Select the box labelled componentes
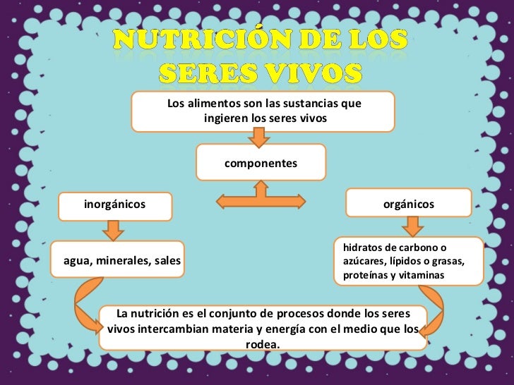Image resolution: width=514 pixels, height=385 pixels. [261, 164]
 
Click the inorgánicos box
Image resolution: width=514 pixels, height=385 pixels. [114, 204]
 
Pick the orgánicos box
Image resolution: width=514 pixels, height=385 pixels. [409, 204]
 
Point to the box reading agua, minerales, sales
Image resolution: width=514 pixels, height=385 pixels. [122, 262]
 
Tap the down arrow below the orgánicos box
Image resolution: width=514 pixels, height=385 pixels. [411, 226]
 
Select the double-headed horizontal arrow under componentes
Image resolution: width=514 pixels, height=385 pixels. [262, 200]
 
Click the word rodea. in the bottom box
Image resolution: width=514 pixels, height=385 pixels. [263, 344]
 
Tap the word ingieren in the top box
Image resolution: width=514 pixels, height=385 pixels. [222, 118]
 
